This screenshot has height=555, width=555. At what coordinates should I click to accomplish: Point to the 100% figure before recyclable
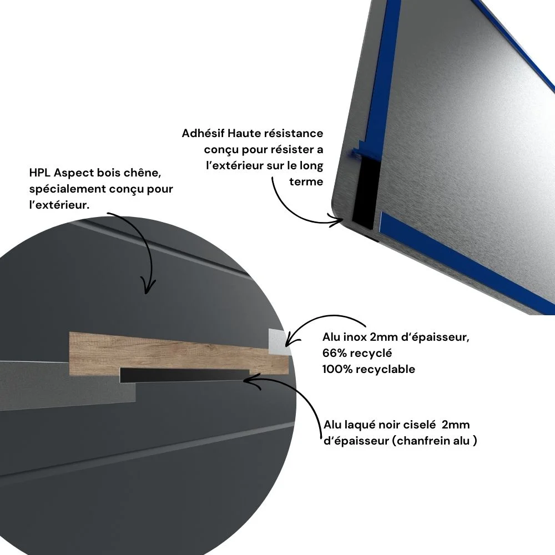point(337,369)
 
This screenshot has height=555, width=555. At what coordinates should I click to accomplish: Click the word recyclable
point(386,369)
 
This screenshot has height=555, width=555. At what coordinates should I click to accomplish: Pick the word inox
point(355,337)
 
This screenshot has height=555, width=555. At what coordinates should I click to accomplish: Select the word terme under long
point(306,182)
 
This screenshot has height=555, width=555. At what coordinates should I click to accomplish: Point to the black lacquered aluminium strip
point(184,375)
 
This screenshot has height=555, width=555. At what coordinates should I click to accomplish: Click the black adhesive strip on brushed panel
point(366,191)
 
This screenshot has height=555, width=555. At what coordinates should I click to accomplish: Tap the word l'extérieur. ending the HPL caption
point(59,205)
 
